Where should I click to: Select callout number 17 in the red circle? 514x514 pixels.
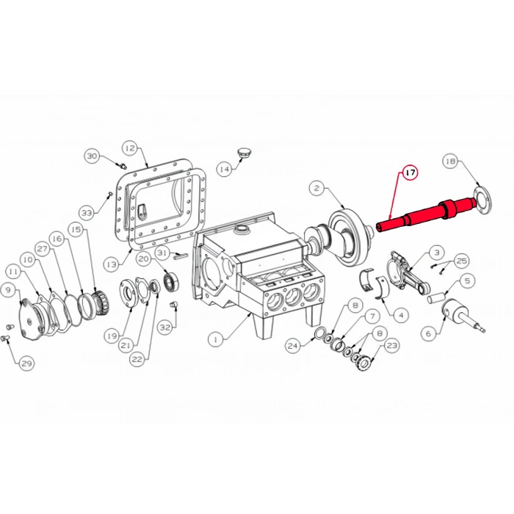tap(410, 173)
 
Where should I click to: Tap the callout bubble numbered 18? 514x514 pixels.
tap(451, 161)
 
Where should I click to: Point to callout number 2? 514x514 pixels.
tap(316, 189)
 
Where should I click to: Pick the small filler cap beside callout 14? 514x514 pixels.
tap(245, 152)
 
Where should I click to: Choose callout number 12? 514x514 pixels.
tap(129, 148)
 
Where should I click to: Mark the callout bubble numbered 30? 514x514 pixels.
tap(92, 156)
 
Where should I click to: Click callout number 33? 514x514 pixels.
tap(87, 213)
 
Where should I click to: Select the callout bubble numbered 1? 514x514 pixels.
tap(215, 339)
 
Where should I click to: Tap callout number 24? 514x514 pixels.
tap(293, 346)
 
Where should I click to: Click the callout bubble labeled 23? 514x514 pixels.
tap(391, 344)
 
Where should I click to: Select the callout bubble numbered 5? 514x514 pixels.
tap(466, 279)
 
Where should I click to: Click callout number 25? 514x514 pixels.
tap(461, 260)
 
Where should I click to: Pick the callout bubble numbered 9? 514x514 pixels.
tap(9, 290)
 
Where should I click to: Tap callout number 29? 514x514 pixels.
tap(26, 363)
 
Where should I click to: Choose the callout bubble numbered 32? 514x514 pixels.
tap(165, 327)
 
